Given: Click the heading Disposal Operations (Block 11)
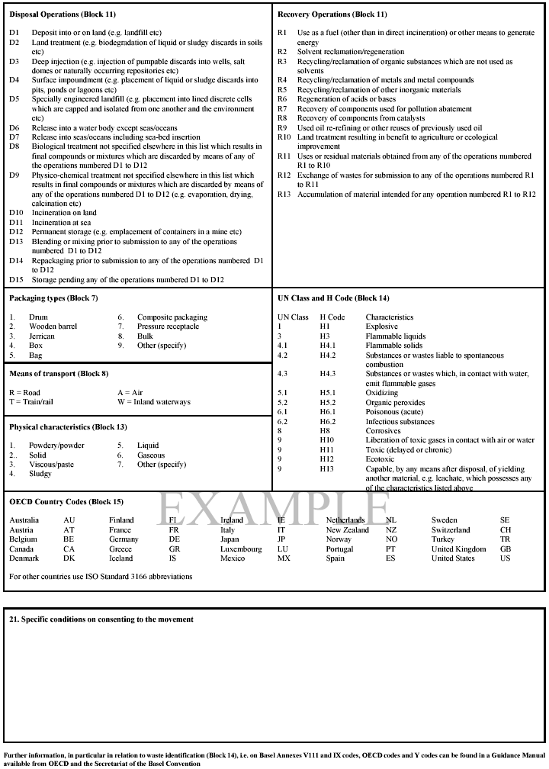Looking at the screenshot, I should (63, 14).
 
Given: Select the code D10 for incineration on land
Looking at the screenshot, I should (16, 213).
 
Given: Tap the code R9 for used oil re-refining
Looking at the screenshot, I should (282, 127).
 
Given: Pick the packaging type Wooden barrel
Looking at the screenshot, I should (53, 327).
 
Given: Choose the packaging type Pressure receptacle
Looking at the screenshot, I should (168, 327).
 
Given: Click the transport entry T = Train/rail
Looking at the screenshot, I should (31, 402).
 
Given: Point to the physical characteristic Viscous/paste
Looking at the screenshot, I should (51, 465).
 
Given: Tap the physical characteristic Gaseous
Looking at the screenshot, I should (151, 455).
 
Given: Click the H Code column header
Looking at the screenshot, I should (332, 317).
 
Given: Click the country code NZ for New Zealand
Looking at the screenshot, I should (391, 530).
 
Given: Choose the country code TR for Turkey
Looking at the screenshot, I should (505, 539).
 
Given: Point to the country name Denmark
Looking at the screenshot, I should (24, 558).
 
